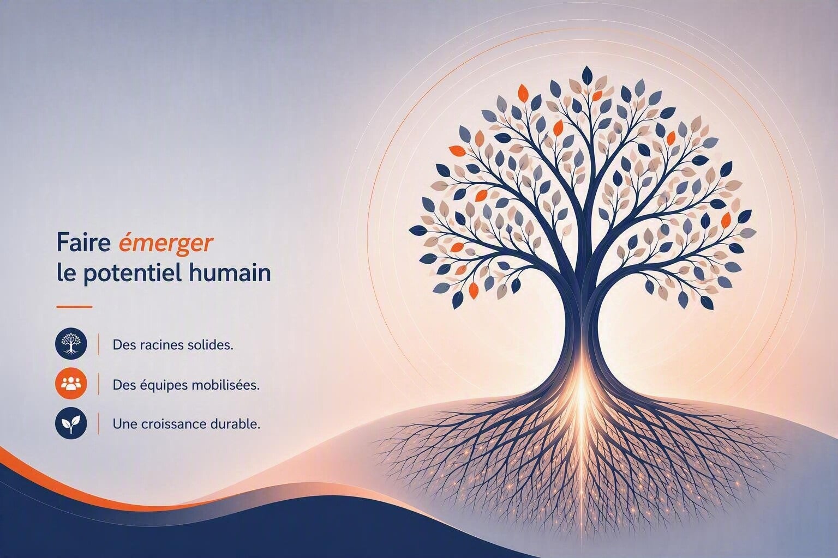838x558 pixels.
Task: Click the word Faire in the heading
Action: point(83,243)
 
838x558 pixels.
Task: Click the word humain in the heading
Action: point(229,273)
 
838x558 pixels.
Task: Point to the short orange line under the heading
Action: point(74,307)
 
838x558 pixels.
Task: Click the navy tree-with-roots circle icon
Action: point(71,344)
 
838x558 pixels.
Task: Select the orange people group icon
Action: point(71,384)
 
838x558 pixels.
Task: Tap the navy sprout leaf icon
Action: point(71,423)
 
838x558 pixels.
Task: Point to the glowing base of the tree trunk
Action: point(582,389)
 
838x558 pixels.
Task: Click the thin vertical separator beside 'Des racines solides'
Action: point(98,344)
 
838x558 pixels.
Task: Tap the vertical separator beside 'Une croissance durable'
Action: point(98,423)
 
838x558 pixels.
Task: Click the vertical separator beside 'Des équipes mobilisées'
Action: point(98,384)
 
